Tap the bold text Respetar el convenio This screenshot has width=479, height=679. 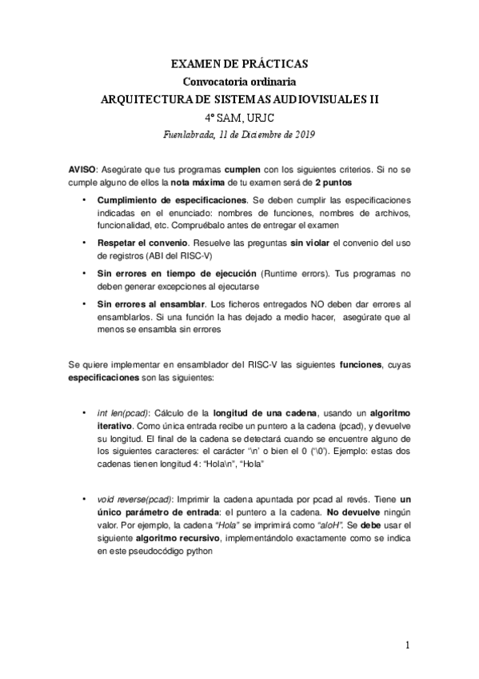click(x=138, y=241)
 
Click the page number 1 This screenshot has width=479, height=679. click(x=408, y=645)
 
